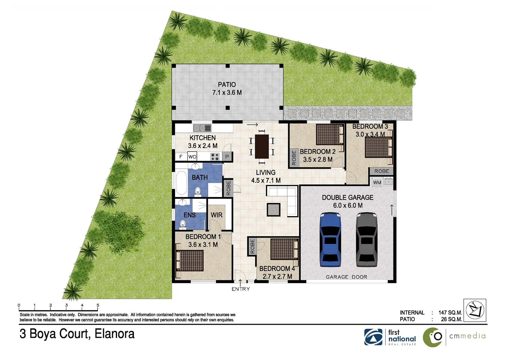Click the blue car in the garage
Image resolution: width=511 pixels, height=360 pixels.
(x=330, y=239)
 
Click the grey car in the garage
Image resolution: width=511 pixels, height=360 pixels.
(x=366, y=239)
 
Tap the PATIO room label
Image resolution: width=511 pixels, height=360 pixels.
(x=227, y=85)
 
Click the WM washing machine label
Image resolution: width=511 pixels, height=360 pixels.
(x=377, y=182)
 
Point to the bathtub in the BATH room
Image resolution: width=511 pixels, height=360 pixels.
(x=182, y=182)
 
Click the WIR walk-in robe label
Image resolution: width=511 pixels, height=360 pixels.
(x=217, y=215)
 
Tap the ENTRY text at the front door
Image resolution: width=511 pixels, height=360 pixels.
(x=241, y=289)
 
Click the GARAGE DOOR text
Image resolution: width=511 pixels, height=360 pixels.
(x=346, y=277)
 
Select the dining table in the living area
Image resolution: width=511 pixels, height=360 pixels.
(x=262, y=146)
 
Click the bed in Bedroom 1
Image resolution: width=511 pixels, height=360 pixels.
(x=189, y=260)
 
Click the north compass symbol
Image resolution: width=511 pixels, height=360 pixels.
(x=475, y=310)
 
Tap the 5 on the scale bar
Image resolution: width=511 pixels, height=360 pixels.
(x=98, y=305)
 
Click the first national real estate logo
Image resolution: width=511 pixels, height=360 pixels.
(x=390, y=337)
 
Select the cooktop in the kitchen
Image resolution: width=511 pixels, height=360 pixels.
(x=215, y=156)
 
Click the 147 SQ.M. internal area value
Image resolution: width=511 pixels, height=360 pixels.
(x=450, y=313)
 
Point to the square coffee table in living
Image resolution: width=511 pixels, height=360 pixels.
(x=273, y=210)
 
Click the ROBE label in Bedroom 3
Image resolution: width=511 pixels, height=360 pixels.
(x=381, y=171)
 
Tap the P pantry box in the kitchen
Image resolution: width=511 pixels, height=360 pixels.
(x=227, y=156)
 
